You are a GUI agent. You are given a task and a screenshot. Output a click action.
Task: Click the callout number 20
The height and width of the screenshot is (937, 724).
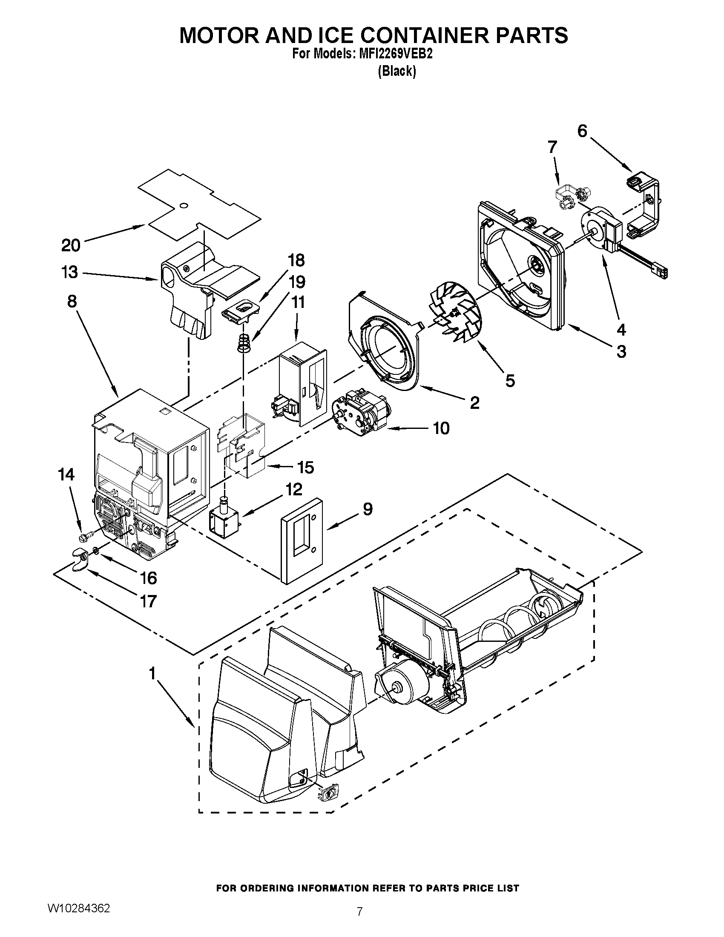71,245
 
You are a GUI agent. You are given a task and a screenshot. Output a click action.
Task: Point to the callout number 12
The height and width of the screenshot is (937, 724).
294,489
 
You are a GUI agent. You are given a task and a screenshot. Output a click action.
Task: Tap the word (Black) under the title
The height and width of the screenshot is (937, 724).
396,71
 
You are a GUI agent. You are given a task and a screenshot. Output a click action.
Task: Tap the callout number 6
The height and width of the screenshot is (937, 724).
582,131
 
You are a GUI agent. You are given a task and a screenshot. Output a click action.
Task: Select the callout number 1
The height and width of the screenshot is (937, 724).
152,674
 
